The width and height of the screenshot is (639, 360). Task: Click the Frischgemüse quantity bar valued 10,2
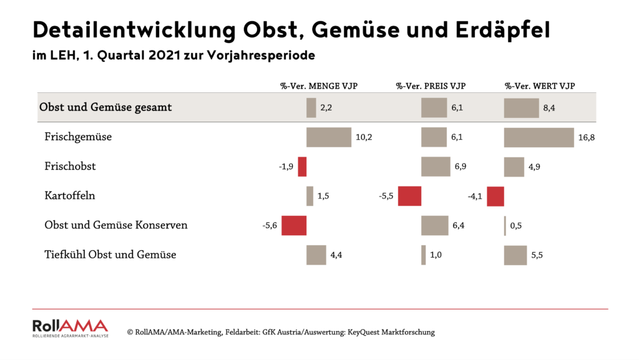(x=329, y=137)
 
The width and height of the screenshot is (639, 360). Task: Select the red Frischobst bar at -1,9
(x=302, y=167)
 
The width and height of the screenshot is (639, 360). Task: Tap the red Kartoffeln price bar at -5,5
(x=409, y=196)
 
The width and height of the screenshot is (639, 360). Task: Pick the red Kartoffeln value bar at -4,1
(x=495, y=196)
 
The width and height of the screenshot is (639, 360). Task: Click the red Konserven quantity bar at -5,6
(x=294, y=225)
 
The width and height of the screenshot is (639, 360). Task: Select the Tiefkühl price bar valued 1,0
(x=424, y=255)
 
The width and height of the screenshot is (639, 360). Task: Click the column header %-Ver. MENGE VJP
(x=319, y=85)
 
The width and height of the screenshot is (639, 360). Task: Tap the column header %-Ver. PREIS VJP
(x=431, y=85)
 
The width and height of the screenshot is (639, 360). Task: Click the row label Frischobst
(x=70, y=167)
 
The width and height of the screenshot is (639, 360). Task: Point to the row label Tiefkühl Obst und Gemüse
(x=110, y=255)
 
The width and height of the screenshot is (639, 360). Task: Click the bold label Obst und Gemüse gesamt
(x=105, y=107)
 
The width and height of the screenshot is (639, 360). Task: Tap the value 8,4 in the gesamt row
(x=549, y=108)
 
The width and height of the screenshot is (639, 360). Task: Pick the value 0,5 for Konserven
(x=515, y=225)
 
